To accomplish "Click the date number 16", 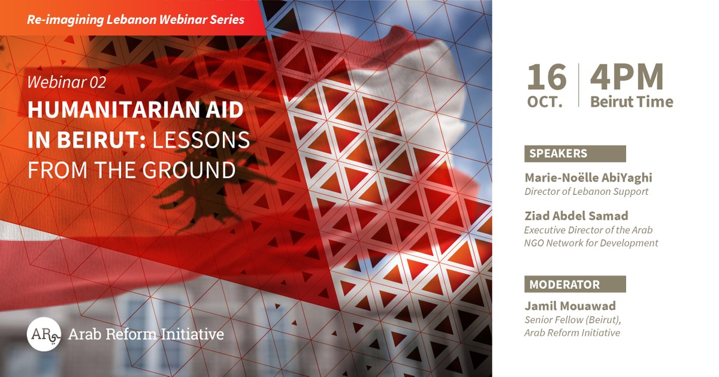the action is (546, 77).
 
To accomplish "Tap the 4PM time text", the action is (627, 77).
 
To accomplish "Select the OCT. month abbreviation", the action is (545, 102).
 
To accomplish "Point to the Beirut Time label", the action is (632, 102).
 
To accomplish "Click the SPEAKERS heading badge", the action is (575, 153).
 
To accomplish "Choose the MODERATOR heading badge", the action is (575, 284).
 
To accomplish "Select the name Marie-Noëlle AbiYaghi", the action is (588, 177).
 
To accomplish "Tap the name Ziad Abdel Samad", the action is (576, 216).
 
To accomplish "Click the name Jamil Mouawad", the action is (570, 306).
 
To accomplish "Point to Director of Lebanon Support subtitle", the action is (586, 192).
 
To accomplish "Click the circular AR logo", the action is (44, 334).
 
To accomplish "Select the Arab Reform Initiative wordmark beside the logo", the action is (146, 334).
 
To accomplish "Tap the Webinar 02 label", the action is (67, 82).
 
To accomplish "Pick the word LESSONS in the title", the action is (201, 140).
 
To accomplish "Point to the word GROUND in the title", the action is (189, 170).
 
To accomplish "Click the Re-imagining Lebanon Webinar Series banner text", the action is (135, 20).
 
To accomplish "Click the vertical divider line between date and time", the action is (578, 85).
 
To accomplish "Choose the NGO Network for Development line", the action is (591, 243).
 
